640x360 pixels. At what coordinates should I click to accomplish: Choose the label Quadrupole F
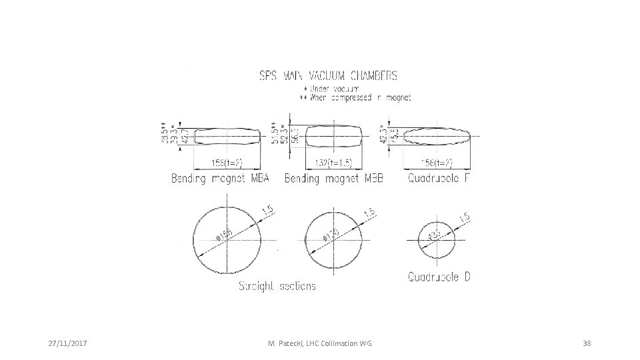pyautogui.click(x=438, y=179)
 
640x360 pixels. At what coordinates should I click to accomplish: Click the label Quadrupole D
pyautogui.click(x=439, y=277)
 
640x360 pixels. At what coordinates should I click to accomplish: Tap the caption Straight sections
pyautogui.click(x=277, y=286)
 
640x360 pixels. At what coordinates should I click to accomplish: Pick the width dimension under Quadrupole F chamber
pyautogui.click(x=437, y=163)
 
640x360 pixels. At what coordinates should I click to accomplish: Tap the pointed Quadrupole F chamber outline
pyautogui.click(x=437, y=135)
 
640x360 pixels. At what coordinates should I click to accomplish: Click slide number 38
pyautogui.click(x=587, y=343)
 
